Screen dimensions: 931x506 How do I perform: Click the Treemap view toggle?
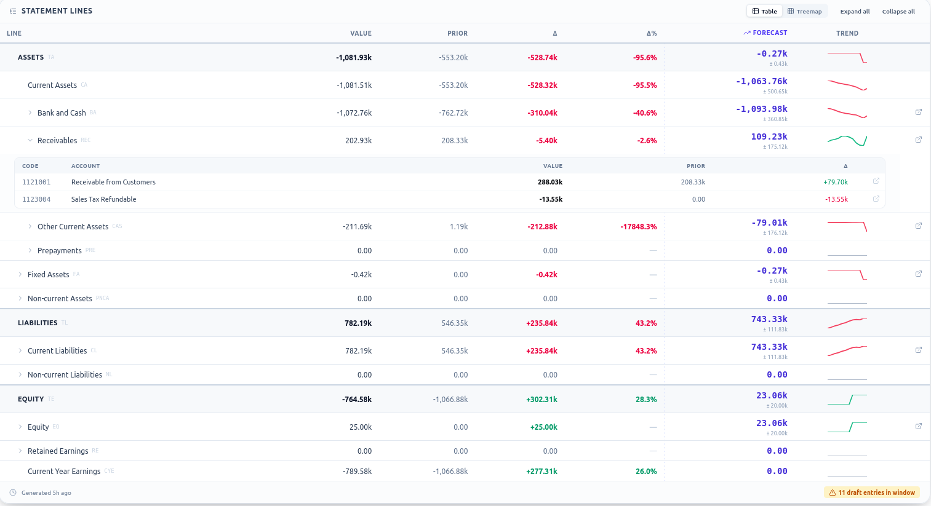805,11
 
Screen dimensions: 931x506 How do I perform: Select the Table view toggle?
764,11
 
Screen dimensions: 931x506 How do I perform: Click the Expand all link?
855,11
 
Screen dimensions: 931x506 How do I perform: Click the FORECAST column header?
765,33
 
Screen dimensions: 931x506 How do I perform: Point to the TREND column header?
847,33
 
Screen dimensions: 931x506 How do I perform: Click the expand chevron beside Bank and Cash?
30,113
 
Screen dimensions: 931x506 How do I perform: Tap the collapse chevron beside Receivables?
30,140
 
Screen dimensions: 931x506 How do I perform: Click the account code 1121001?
36,182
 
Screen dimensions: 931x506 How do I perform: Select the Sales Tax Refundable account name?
103,199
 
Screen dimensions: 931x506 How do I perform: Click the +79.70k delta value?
836,182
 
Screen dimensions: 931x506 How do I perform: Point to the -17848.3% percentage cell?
638,226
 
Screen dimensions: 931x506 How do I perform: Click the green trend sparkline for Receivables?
847,140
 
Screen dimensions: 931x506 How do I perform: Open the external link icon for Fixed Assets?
919,274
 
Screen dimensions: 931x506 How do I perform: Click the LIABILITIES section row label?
38,323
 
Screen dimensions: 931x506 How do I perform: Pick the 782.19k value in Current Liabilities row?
358,350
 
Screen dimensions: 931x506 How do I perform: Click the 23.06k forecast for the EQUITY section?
772,395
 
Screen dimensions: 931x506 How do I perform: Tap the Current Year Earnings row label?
64,471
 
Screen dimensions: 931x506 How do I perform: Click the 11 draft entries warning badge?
872,492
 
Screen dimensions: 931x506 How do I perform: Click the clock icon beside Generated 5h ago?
13,492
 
